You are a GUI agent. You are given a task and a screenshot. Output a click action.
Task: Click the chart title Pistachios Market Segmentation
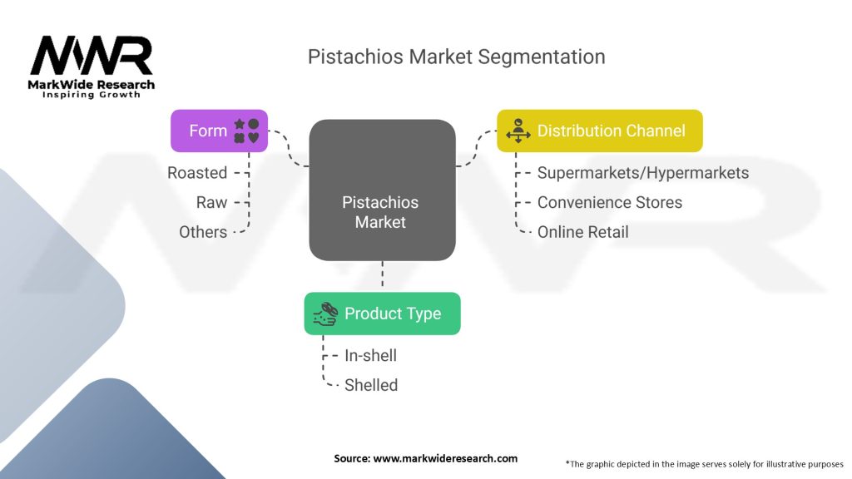tap(457, 57)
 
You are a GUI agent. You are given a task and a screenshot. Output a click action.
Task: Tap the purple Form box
tap(219, 131)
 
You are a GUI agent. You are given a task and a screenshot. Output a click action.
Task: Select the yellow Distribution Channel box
tap(600, 131)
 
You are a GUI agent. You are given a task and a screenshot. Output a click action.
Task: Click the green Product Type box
tap(382, 314)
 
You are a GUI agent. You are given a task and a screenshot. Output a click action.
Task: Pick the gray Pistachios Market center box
tap(382, 190)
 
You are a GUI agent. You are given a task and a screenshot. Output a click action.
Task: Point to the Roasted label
tap(197, 173)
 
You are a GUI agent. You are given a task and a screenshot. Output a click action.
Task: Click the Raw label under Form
tap(211, 203)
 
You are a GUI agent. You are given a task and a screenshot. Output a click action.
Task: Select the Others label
tap(203, 232)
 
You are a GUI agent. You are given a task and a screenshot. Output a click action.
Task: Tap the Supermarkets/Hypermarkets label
tap(643, 173)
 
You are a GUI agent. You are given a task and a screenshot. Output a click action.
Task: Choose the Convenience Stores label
tap(610, 203)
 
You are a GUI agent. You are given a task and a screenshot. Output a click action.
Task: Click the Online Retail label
tap(583, 232)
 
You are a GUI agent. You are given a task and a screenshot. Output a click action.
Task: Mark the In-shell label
tap(370, 355)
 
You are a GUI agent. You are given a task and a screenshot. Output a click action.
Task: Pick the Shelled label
tap(371, 385)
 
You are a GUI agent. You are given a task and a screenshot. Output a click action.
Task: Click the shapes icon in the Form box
tap(246, 131)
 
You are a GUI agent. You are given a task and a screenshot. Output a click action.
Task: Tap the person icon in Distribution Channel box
tap(518, 131)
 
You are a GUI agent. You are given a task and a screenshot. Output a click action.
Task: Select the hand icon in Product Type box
tap(325, 314)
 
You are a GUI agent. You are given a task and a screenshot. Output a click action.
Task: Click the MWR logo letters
tap(92, 56)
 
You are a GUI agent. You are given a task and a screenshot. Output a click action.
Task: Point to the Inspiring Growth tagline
tap(92, 95)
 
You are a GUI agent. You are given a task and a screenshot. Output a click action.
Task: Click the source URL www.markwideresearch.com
tap(445, 458)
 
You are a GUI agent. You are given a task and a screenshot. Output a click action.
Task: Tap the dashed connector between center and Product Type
tap(382, 276)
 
